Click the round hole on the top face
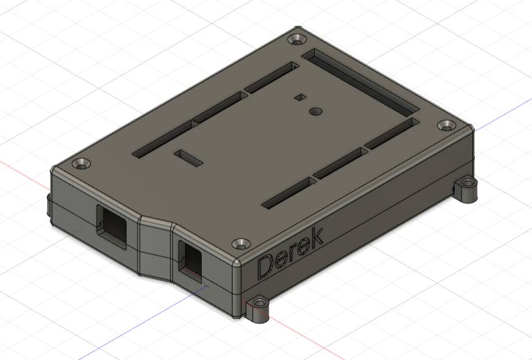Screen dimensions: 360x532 316,112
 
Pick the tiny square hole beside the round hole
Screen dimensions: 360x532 299,97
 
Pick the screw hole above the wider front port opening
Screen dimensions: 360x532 81,164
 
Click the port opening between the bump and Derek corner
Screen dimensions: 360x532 191,261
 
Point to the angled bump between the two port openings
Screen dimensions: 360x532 155,245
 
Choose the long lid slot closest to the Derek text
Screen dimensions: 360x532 307,189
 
